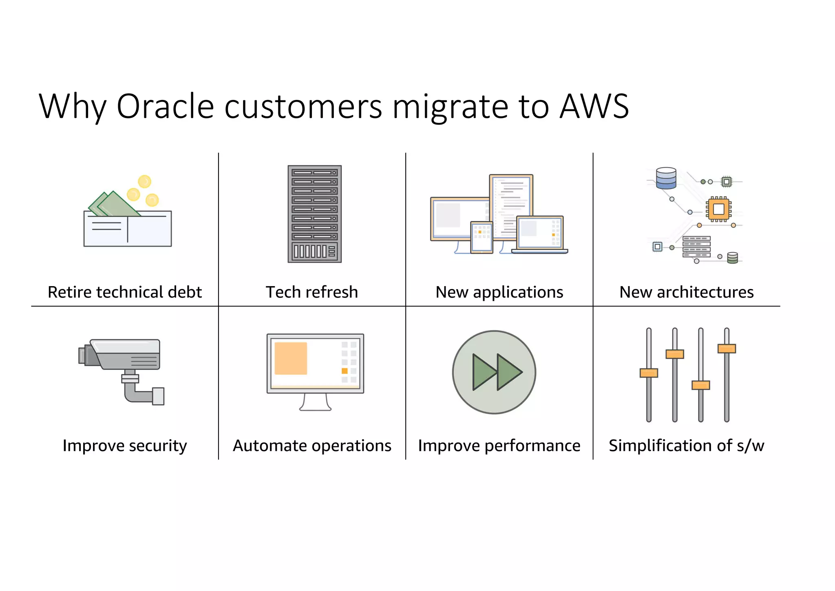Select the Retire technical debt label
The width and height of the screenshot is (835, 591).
tap(125, 292)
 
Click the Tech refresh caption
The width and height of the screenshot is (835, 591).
tap(312, 292)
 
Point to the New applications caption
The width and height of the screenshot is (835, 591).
tap(499, 292)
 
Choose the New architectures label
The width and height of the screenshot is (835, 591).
tap(686, 292)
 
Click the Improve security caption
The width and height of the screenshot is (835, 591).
tap(125, 445)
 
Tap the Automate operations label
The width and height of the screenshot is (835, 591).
tap(312, 445)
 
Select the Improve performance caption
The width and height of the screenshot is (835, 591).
tap(499, 445)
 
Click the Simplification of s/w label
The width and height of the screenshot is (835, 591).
tap(686, 445)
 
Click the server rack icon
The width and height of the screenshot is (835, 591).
tap(314, 214)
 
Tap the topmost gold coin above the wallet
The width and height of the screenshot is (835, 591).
tap(144, 181)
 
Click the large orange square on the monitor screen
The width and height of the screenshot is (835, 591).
tap(291, 358)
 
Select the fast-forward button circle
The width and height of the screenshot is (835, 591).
tap(494, 372)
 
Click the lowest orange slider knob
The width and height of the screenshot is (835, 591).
tap(700, 385)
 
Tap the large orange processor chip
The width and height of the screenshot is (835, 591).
tap(718, 209)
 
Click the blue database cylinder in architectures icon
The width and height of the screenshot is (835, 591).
tap(666, 178)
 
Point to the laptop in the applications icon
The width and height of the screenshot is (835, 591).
tap(539, 234)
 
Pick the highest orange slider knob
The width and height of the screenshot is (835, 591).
tap(726, 349)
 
